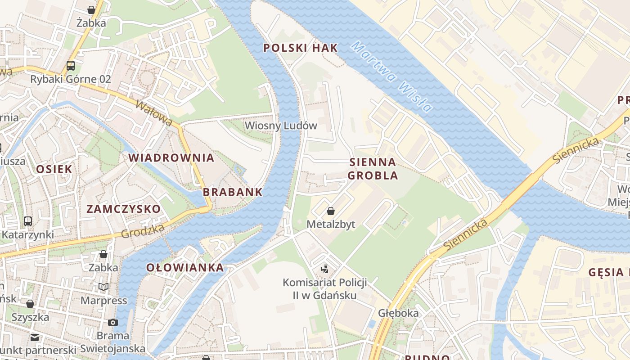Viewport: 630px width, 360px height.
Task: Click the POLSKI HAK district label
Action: [300, 48]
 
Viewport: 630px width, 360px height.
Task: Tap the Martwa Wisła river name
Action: [391, 76]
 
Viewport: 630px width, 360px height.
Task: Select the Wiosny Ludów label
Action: [281, 126]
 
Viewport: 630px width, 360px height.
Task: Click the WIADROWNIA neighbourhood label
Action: [171, 158]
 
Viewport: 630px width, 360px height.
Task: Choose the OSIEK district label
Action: [54, 169]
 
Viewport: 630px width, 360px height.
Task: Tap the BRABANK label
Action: [232, 192]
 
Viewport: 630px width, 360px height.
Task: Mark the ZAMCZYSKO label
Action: [123, 209]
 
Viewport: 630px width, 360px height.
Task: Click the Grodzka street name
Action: [143, 231]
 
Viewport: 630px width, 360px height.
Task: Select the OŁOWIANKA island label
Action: [185, 268]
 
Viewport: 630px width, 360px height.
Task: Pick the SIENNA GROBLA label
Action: [373, 169]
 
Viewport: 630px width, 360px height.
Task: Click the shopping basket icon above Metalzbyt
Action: [331, 211]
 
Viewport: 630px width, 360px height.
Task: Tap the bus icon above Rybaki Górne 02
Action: [71, 66]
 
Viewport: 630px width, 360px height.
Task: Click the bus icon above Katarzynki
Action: [28, 221]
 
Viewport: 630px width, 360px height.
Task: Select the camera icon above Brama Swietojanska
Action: [113, 322]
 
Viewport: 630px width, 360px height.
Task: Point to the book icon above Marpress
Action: [103, 287]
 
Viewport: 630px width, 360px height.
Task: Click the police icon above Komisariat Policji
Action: [324, 269]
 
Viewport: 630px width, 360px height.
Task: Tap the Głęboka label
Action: [398, 313]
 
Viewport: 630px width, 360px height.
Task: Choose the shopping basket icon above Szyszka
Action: [30, 304]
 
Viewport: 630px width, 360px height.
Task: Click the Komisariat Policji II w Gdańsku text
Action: [324, 289]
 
